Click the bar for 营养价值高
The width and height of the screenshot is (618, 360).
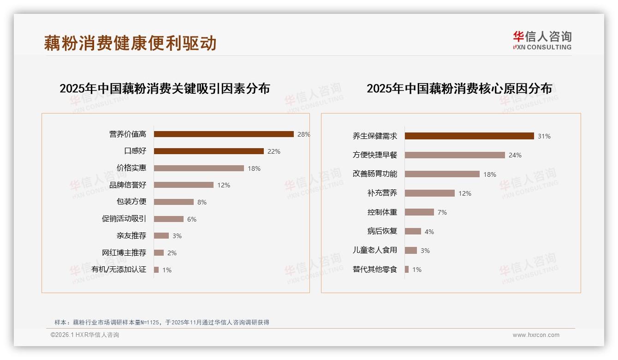[x=224, y=134]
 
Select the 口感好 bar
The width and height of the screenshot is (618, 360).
[x=208, y=151]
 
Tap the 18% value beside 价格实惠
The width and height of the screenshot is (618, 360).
[x=254, y=168]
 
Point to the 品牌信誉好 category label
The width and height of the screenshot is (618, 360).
[x=128, y=185]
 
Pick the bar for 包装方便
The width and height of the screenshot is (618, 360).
[x=174, y=202]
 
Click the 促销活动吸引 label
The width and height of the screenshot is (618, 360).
[x=124, y=219]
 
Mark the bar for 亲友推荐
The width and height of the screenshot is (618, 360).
[x=161, y=236]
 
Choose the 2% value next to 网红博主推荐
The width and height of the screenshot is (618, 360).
[x=172, y=253]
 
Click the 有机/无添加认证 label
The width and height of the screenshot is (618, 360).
[x=119, y=270]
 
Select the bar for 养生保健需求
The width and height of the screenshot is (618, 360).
[x=469, y=136]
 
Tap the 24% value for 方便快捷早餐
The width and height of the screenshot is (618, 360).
[x=515, y=156]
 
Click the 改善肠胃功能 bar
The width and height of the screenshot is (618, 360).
[x=442, y=174]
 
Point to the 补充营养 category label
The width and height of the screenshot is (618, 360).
[x=382, y=193]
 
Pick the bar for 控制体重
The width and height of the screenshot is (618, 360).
[x=419, y=212]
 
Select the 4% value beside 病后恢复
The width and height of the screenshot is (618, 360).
[x=429, y=232]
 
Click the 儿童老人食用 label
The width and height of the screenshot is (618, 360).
[x=375, y=251]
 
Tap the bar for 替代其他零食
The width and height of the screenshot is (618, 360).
[x=407, y=270]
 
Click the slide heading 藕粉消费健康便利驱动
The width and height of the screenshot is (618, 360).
[x=131, y=43]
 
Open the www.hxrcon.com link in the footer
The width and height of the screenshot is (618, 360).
[x=536, y=335]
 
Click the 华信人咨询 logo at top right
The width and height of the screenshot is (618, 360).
[x=542, y=41]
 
